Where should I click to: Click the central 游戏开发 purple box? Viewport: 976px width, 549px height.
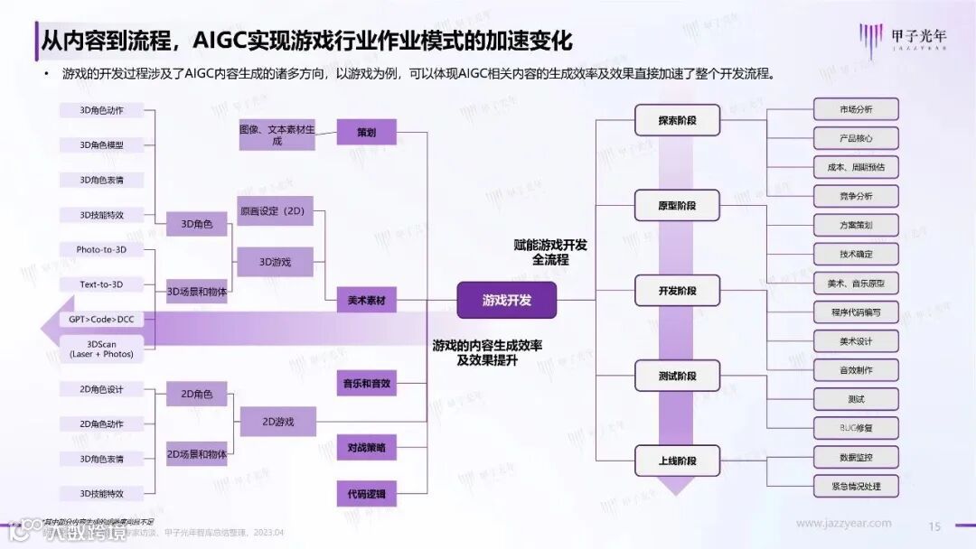click(x=506, y=300)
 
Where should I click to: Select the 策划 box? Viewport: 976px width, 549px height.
click(x=366, y=132)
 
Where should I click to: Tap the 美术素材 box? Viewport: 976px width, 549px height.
click(x=366, y=301)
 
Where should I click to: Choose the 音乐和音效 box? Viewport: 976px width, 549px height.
click(x=366, y=383)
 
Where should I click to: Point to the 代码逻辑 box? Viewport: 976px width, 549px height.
click(x=366, y=494)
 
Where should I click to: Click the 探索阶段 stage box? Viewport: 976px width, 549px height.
click(x=677, y=120)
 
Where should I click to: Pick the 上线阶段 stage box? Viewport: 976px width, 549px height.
click(x=677, y=461)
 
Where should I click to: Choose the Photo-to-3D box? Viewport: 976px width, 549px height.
click(x=101, y=249)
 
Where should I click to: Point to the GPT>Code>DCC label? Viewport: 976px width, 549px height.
click(x=101, y=320)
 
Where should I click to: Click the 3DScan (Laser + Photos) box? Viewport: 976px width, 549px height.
click(x=101, y=348)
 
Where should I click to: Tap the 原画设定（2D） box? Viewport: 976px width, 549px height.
click(x=275, y=211)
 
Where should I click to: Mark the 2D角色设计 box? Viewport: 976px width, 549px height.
click(x=101, y=389)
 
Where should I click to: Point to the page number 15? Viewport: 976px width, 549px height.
click(x=935, y=526)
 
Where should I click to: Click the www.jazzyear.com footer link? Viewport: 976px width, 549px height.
click(x=843, y=523)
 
